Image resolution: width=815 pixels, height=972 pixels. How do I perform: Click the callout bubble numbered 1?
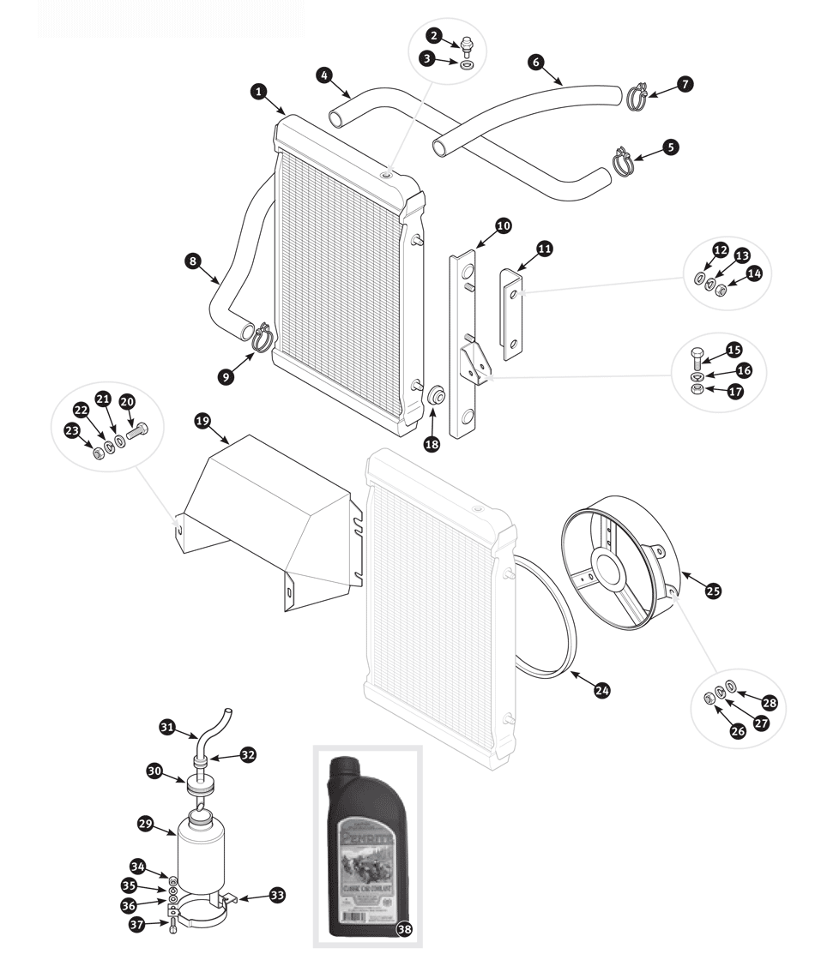coord(257,90)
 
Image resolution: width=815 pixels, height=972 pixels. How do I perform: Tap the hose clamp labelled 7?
coord(636,97)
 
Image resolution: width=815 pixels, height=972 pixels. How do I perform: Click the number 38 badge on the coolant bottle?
coord(404,929)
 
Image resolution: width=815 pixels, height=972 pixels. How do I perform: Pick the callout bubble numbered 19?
coord(202,421)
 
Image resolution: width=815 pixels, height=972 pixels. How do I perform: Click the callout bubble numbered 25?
coord(713,590)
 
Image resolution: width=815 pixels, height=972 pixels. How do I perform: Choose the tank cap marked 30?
coord(199,783)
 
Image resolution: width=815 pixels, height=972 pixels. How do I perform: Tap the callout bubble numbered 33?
coord(276,895)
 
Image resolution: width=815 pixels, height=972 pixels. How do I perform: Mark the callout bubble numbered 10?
coord(503,225)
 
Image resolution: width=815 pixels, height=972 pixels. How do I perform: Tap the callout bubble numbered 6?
coord(536,63)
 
